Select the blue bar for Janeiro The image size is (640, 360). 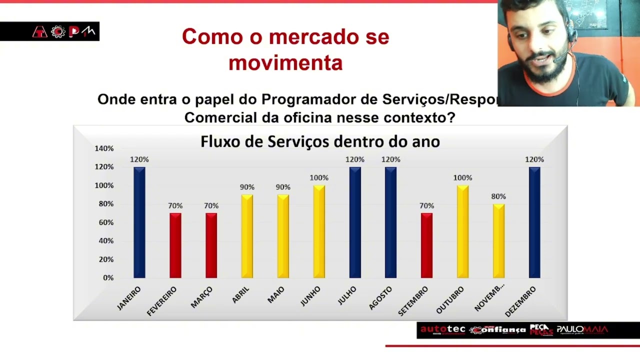tap(139, 222)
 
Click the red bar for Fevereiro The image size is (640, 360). tap(175, 245)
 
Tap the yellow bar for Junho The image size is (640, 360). tap(319, 231)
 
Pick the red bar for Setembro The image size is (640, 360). tap(426, 245)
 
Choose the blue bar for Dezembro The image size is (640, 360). tap(534, 222)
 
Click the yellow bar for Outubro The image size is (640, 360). tap(462, 231)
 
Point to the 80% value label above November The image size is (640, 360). tap(498, 196)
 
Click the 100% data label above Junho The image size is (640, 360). tap(319, 178)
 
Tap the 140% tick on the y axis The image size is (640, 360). tap(104, 148)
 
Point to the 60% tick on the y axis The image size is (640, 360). tap(106, 222)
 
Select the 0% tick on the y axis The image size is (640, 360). tap(108, 277)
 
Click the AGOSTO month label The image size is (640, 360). tap(380, 298)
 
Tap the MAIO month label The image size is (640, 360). tap(276, 295)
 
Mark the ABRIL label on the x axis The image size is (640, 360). tap(240, 295)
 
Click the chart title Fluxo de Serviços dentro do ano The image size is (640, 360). tap(320, 141)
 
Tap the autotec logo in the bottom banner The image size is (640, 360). tap(442, 329)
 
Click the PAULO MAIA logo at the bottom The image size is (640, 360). tap(582, 329)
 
